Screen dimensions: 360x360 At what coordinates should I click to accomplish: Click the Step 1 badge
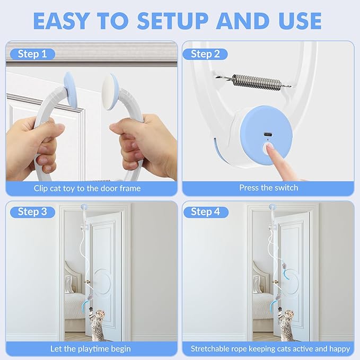tap(32, 54)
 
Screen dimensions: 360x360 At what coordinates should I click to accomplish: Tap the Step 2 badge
tap(205, 54)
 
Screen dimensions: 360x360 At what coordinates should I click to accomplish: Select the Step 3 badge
tap(32, 212)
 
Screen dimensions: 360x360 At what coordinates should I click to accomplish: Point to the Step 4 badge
tap(205, 212)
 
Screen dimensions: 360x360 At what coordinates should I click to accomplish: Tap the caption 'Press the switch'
tap(268, 188)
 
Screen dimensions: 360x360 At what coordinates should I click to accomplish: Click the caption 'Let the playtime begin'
tap(91, 348)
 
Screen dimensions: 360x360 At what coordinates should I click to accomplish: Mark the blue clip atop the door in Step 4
tap(272, 207)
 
